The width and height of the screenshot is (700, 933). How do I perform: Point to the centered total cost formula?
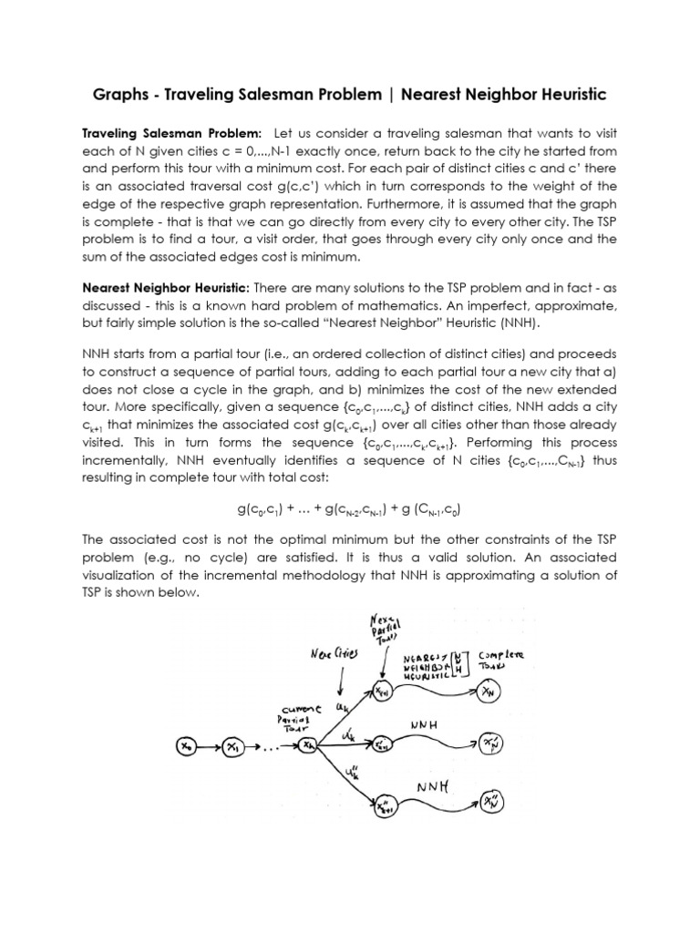point(350,508)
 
